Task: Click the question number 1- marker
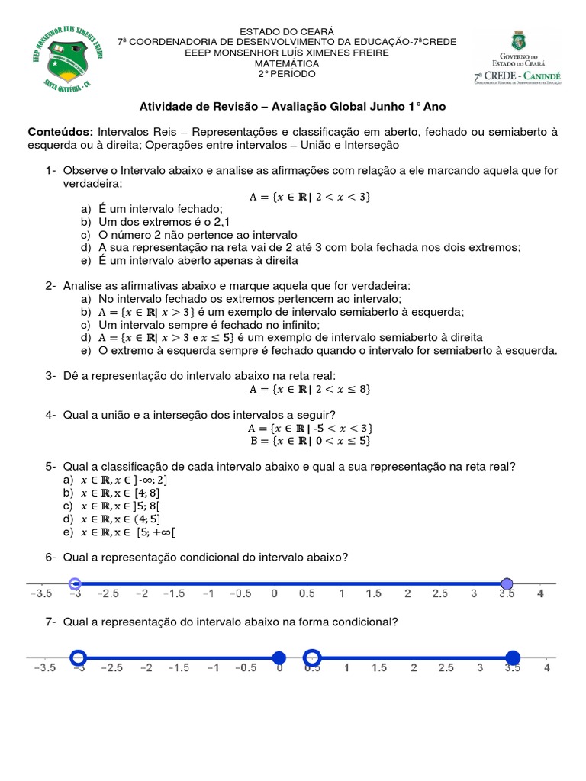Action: pyautogui.click(x=51, y=170)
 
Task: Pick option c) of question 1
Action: pyautogui.click(x=198, y=235)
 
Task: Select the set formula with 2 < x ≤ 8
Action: pyautogui.click(x=309, y=389)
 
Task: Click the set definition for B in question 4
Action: pyautogui.click(x=309, y=440)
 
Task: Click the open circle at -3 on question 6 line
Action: pyautogui.click(x=75, y=584)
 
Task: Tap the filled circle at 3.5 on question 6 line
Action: pyautogui.click(x=507, y=584)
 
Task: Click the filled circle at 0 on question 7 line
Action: pyautogui.click(x=279, y=657)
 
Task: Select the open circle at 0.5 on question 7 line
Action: pyautogui.click(x=312, y=657)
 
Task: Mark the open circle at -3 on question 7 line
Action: pyautogui.click(x=78, y=657)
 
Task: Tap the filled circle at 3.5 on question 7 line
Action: pyautogui.click(x=513, y=657)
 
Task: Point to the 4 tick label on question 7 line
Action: pyautogui.click(x=546, y=668)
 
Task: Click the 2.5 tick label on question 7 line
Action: pyautogui.click(x=446, y=668)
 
